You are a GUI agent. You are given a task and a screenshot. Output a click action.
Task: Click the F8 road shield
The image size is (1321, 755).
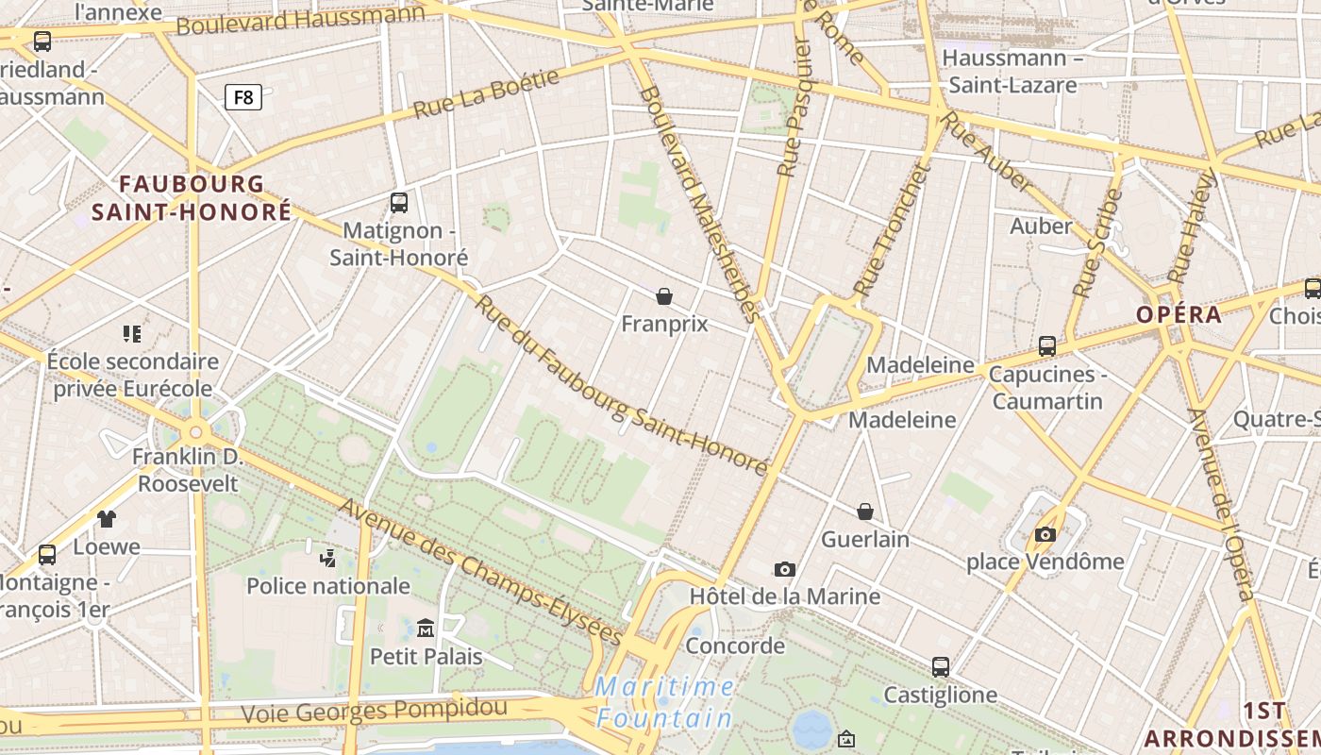(242, 96)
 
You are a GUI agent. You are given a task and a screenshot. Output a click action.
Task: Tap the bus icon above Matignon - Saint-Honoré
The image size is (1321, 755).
(399, 202)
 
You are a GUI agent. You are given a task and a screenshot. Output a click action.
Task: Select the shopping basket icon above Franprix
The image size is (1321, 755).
(664, 296)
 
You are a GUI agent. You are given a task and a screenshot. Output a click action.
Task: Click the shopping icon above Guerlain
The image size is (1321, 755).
(864, 512)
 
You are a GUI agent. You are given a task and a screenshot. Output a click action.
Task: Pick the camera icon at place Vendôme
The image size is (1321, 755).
(1045, 534)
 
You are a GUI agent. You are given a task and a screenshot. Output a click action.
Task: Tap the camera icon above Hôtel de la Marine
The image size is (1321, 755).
(784, 569)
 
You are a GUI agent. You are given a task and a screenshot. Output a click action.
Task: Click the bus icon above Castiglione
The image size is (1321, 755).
(941, 667)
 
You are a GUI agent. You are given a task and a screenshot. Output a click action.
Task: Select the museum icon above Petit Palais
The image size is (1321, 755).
(426, 628)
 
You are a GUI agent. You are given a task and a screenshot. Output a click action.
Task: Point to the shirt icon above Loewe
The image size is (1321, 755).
(107, 518)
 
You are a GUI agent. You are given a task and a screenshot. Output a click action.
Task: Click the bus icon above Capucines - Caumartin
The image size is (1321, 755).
(1047, 346)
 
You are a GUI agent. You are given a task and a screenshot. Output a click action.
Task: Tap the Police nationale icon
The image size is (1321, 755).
(327, 559)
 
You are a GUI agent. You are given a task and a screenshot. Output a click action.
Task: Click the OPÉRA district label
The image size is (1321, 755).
(1179, 315)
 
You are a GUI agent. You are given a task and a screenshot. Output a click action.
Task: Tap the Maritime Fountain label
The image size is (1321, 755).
(665, 702)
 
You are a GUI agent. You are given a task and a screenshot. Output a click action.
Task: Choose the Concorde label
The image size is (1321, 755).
(735, 646)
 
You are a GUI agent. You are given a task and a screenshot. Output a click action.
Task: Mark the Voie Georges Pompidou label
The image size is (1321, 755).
(374, 711)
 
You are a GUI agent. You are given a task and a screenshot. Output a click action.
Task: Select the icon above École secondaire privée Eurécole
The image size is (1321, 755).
(132, 333)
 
